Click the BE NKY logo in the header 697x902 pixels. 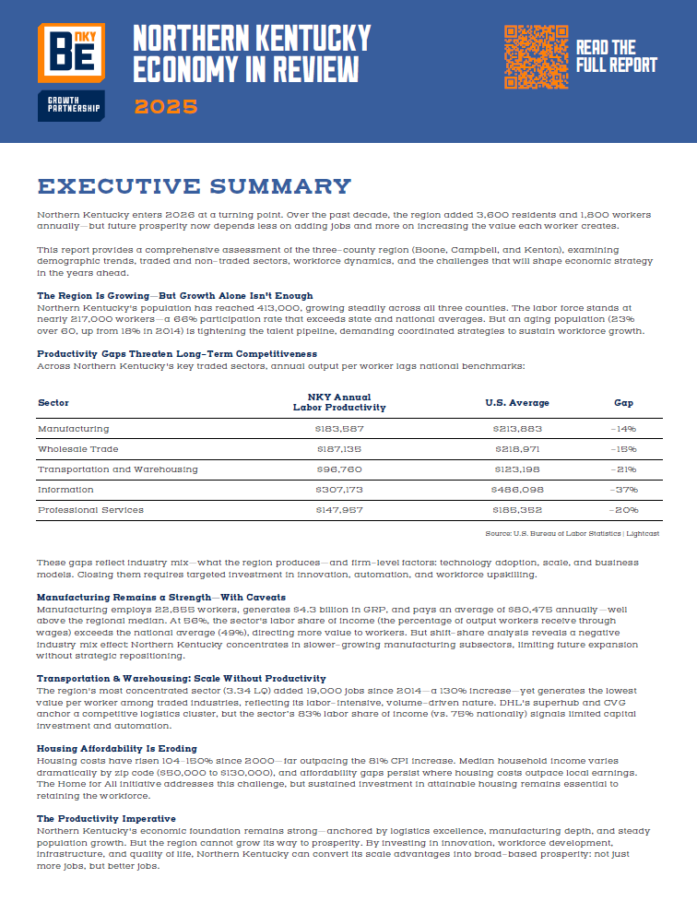(70, 54)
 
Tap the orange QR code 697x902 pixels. (535, 57)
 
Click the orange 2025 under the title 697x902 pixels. (166, 106)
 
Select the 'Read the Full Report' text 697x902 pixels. (616, 56)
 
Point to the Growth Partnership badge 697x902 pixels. (70, 106)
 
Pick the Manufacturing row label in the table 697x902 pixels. (73, 429)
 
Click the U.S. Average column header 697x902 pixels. (517, 403)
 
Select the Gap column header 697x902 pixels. (624, 403)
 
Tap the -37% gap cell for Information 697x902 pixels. (624, 490)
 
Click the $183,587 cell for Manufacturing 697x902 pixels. (338, 429)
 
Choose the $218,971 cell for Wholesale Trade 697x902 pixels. (517, 449)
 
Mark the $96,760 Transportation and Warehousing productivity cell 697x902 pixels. (338, 469)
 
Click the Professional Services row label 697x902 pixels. (90, 510)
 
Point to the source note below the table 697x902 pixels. (572, 534)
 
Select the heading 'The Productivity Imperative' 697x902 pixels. (105, 818)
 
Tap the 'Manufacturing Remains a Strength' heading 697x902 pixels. (161, 597)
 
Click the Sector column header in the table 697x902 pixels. (53, 403)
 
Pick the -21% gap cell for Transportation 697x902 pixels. (624, 469)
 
